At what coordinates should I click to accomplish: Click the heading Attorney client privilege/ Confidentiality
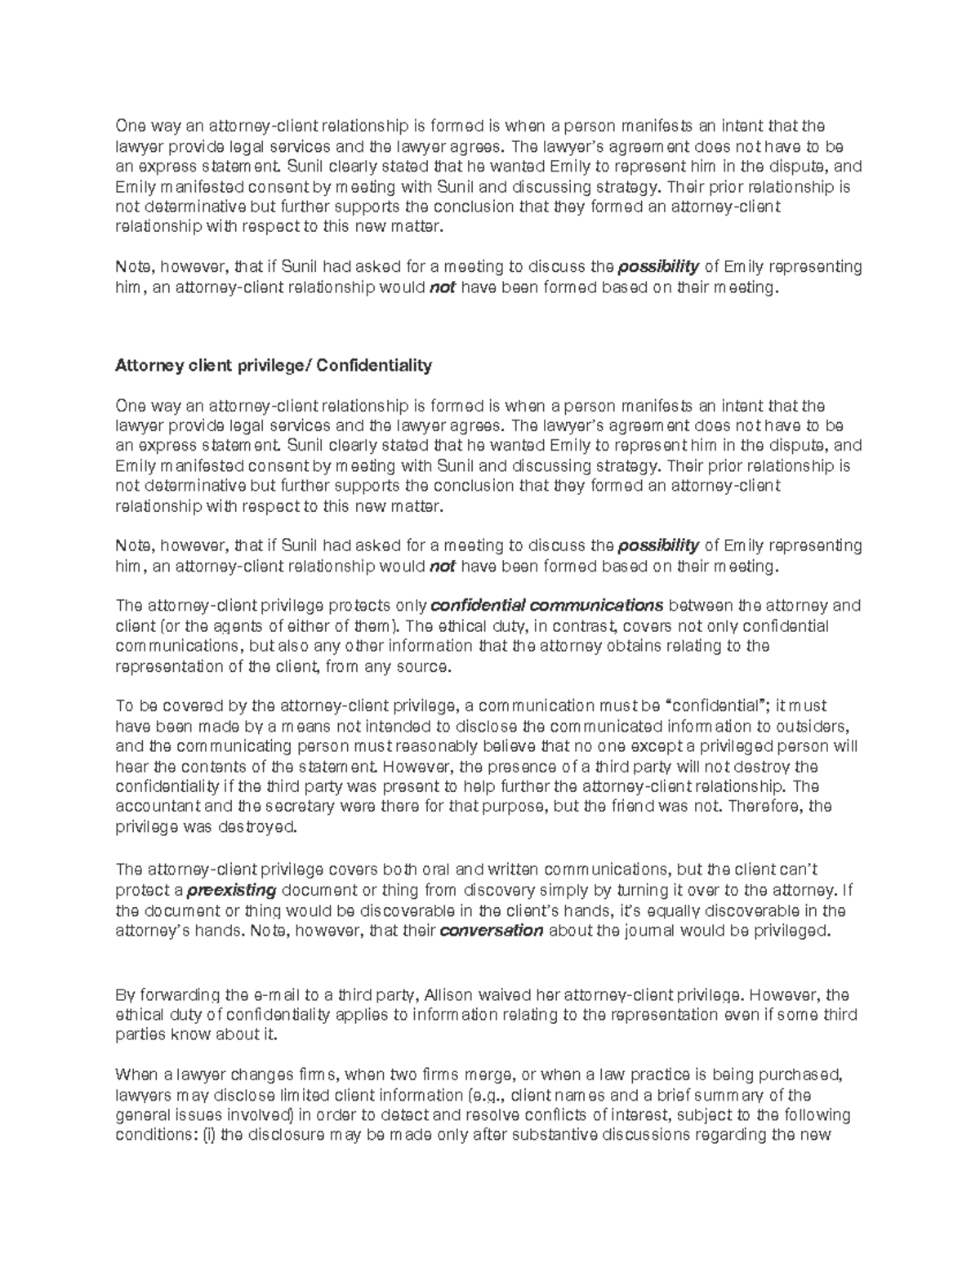tap(274, 366)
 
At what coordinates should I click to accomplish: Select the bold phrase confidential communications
tap(546, 606)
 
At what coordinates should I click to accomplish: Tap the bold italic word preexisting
tap(233, 890)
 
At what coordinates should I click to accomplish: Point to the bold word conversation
tap(492, 931)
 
